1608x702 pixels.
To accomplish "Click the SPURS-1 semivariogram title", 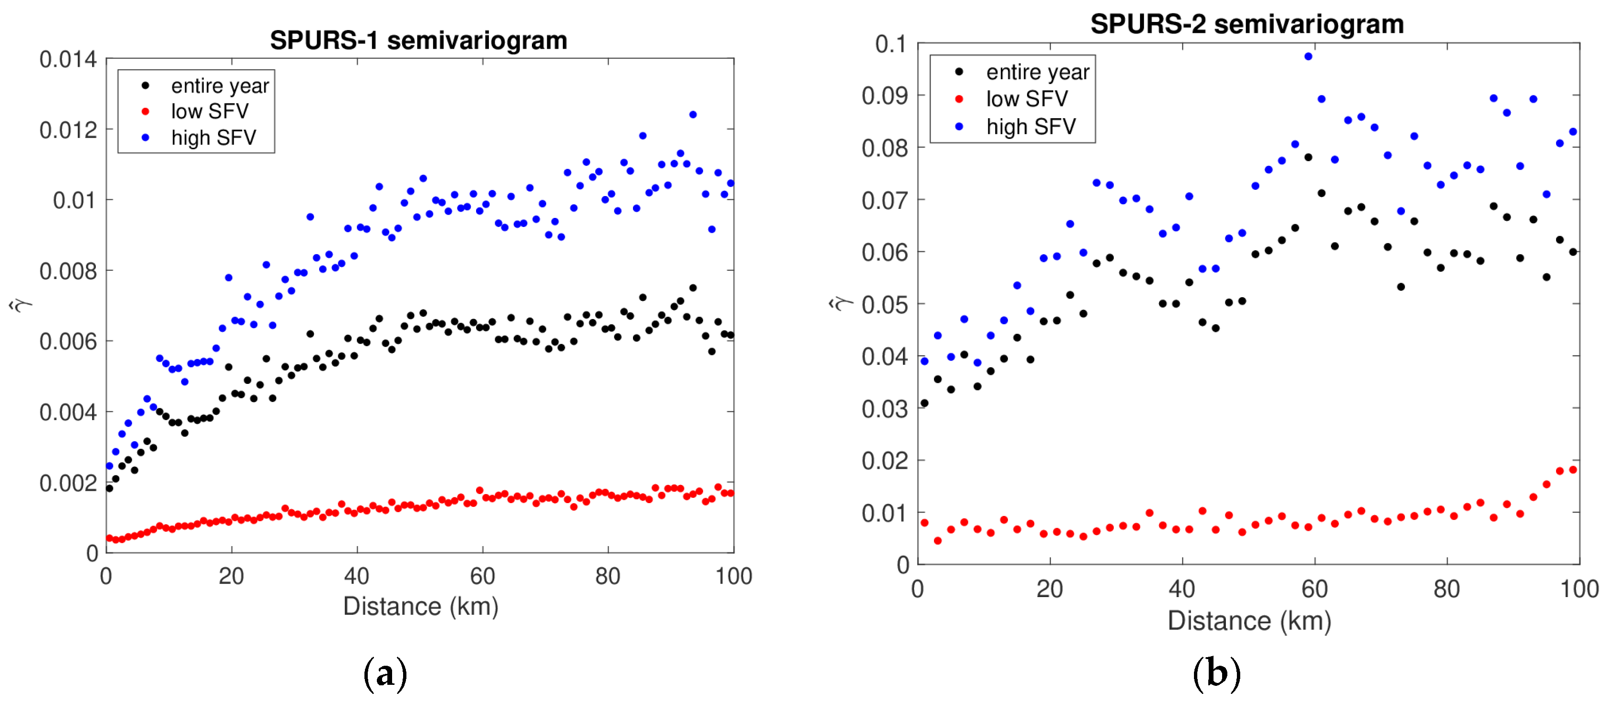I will click(x=418, y=41).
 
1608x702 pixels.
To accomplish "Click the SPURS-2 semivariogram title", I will click(x=1246, y=24).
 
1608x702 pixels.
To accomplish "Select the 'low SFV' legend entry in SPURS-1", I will click(x=209, y=111).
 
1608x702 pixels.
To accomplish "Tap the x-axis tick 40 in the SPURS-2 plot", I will click(x=1182, y=589).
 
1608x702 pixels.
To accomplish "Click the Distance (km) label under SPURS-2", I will click(x=1249, y=621).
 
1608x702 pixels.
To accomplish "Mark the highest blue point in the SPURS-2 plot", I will click(x=1308, y=57).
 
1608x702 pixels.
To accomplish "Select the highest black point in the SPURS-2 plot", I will click(x=1308, y=157).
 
